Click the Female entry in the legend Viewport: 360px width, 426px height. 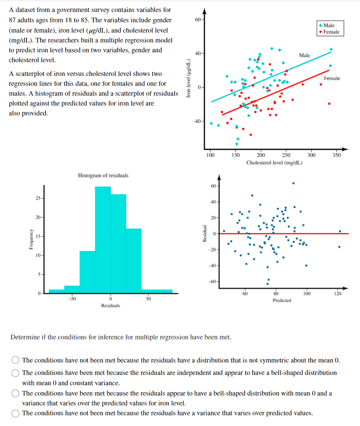pos(329,32)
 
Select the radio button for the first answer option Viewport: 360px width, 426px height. pos(16,360)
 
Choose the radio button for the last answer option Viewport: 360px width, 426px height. pos(16,414)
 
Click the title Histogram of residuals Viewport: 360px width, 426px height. pos(103,175)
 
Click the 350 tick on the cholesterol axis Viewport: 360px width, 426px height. pos(336,155)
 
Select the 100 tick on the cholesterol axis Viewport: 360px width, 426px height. pos(210,155)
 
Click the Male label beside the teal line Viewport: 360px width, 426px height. pos(304,55)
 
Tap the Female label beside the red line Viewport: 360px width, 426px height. pos(332,79)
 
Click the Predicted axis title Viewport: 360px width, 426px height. pos(282,300)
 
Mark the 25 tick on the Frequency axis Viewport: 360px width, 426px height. pos(38,199)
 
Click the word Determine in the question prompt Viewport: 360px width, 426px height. pos(24,337)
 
